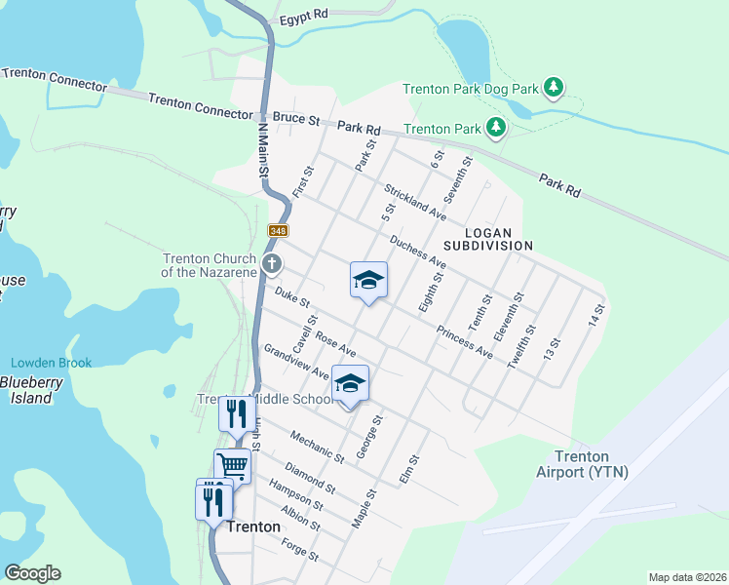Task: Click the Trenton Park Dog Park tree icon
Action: pos(554,89)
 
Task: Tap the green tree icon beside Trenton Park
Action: pos(496,128)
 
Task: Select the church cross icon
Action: pos(273,263)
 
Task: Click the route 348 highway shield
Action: pos(279,229)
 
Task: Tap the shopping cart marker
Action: pos(233,466)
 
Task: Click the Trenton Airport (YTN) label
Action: pos(584,464)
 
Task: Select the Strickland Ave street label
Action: pos(415,201)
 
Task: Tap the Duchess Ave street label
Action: pos(417,252)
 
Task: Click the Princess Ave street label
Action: pos(464,341)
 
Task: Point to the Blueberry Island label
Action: pos(24,390)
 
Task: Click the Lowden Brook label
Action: pos(52,363)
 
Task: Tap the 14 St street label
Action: pos(596,315)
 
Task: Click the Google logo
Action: pos(32,573)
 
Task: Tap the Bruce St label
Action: pos(296,119)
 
